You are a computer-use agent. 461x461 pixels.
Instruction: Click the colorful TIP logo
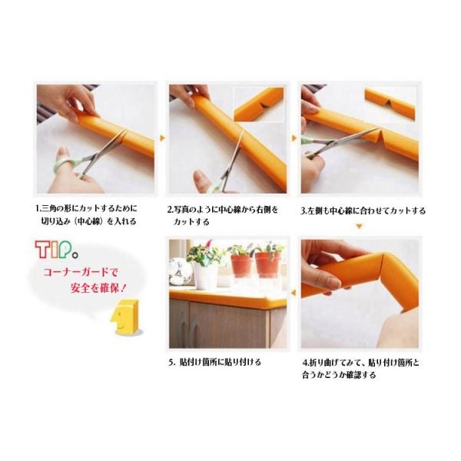tap(57, 250)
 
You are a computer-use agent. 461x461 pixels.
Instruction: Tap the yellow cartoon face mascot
tap(125, 317)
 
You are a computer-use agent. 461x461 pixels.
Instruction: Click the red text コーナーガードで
tap(80, 272)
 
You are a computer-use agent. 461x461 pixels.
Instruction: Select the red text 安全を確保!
tap(98, 288)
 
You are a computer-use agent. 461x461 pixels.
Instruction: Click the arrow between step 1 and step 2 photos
tap(162, 138)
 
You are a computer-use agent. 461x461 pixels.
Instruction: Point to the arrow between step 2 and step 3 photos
tap(294, 138)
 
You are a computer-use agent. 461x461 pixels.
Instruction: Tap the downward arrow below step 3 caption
tap(359, 227)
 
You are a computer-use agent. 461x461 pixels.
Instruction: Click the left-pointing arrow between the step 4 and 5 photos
tap(294, 293)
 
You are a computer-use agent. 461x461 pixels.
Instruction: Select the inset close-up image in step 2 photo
tap(259, 104)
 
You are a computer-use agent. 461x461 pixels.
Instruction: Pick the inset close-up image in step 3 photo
tap(390, 104)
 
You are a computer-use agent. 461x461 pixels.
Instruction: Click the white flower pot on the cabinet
tap(205, 275)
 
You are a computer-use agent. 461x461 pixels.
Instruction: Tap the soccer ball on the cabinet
tap(179, 271)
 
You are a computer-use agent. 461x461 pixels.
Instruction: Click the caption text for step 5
tap(214, 362)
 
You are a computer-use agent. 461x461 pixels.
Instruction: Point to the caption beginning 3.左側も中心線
tap(363, 211)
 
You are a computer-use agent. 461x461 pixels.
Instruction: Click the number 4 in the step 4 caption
tap(305, 363)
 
